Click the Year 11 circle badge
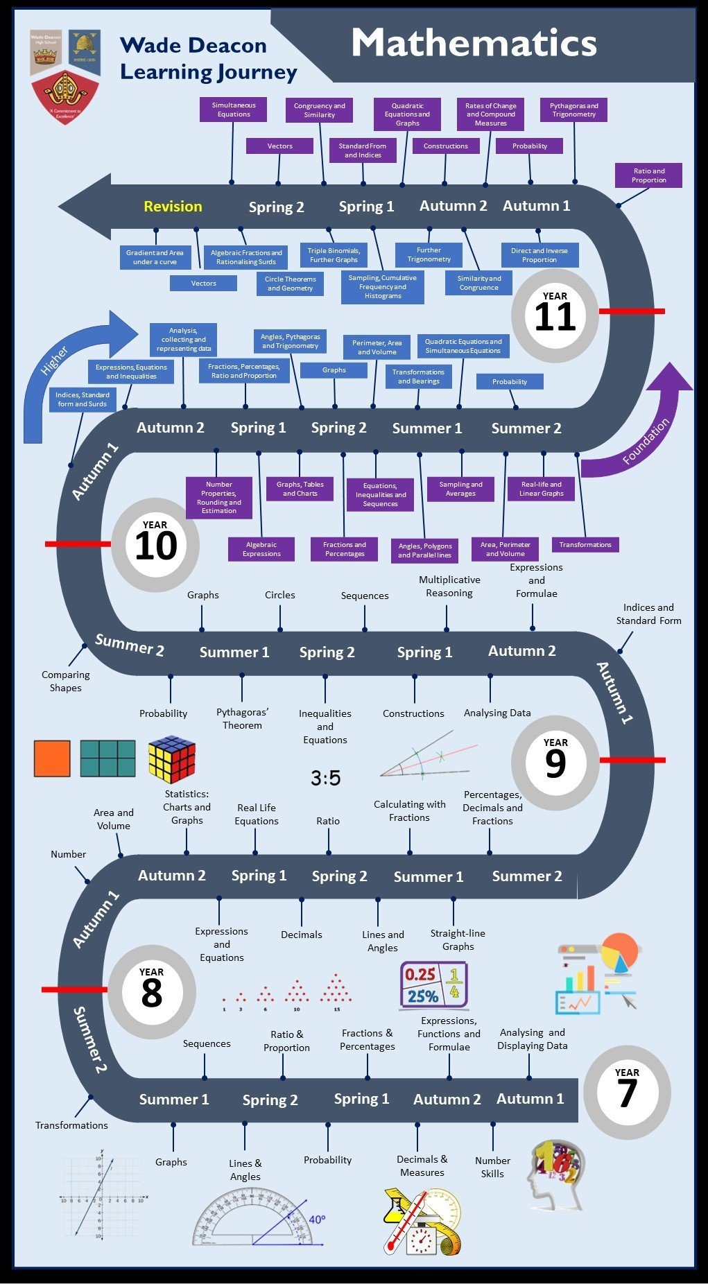coord(554,316)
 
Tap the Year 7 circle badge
coord(627,1091)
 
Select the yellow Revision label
coord(173,207)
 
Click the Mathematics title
coord(474,43)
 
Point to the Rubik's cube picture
coord(171,758)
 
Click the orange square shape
coord(52,758)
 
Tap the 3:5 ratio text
coord(325,778)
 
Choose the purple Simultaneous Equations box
coord(234,110)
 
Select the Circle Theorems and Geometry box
coord(290,284)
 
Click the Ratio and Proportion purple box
coord(648,175)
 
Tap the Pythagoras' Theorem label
coord(242,719)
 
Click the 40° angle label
coord(317,1218)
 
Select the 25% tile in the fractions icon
coord(422,996)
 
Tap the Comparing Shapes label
coord(65,681)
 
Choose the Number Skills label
coord(492,1167)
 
